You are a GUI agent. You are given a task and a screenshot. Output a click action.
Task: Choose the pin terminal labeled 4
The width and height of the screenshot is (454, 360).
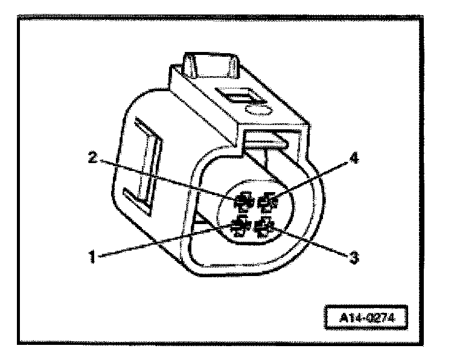coord(266,203)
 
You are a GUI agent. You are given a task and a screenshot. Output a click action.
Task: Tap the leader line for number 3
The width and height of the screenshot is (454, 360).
coord(308,242)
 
